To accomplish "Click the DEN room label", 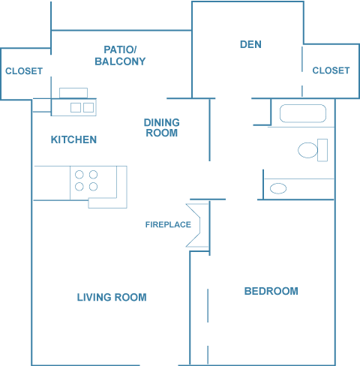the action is [250, 44].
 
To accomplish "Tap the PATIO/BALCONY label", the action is [120, 55].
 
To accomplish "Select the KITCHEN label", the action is [73, 139].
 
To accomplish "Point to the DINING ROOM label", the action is [162, 127].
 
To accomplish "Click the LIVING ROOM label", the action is [112, 297].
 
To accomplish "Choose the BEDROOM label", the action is [271, 291].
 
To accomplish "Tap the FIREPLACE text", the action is [168, 224].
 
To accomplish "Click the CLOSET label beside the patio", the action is [24, 71].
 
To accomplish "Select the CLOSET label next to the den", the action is [331, 70].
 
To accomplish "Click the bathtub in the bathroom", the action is [303, 113].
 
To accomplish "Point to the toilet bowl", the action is [307, 150].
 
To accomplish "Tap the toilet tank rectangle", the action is [322, 150].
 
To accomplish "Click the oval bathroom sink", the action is [278, 188].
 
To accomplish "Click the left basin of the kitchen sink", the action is [76, 108].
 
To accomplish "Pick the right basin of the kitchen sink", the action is [88, 108].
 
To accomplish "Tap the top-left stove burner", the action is [79, 175].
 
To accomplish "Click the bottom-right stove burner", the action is [93, 187].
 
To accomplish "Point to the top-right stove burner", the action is [93, 175].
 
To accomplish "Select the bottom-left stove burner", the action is [79, 187].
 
